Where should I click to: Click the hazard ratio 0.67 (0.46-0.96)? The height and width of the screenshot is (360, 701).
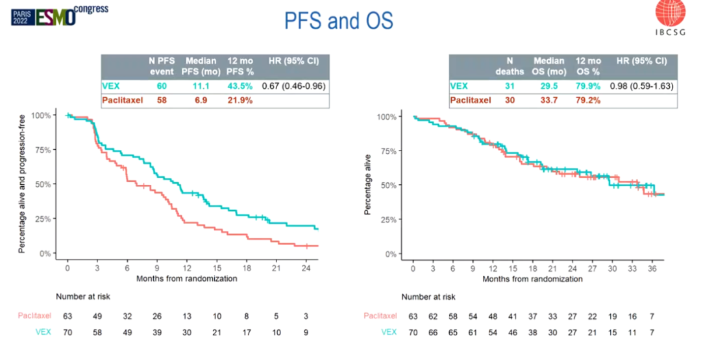tap(293, 86)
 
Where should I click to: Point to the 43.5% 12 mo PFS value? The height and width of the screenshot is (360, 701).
tap(239, 86)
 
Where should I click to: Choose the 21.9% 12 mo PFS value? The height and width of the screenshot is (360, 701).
tap(239, 101)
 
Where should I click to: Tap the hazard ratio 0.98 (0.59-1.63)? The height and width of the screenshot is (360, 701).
tap(641, 86)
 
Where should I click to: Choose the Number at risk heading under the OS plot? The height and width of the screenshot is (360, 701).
tap(428, 297)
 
